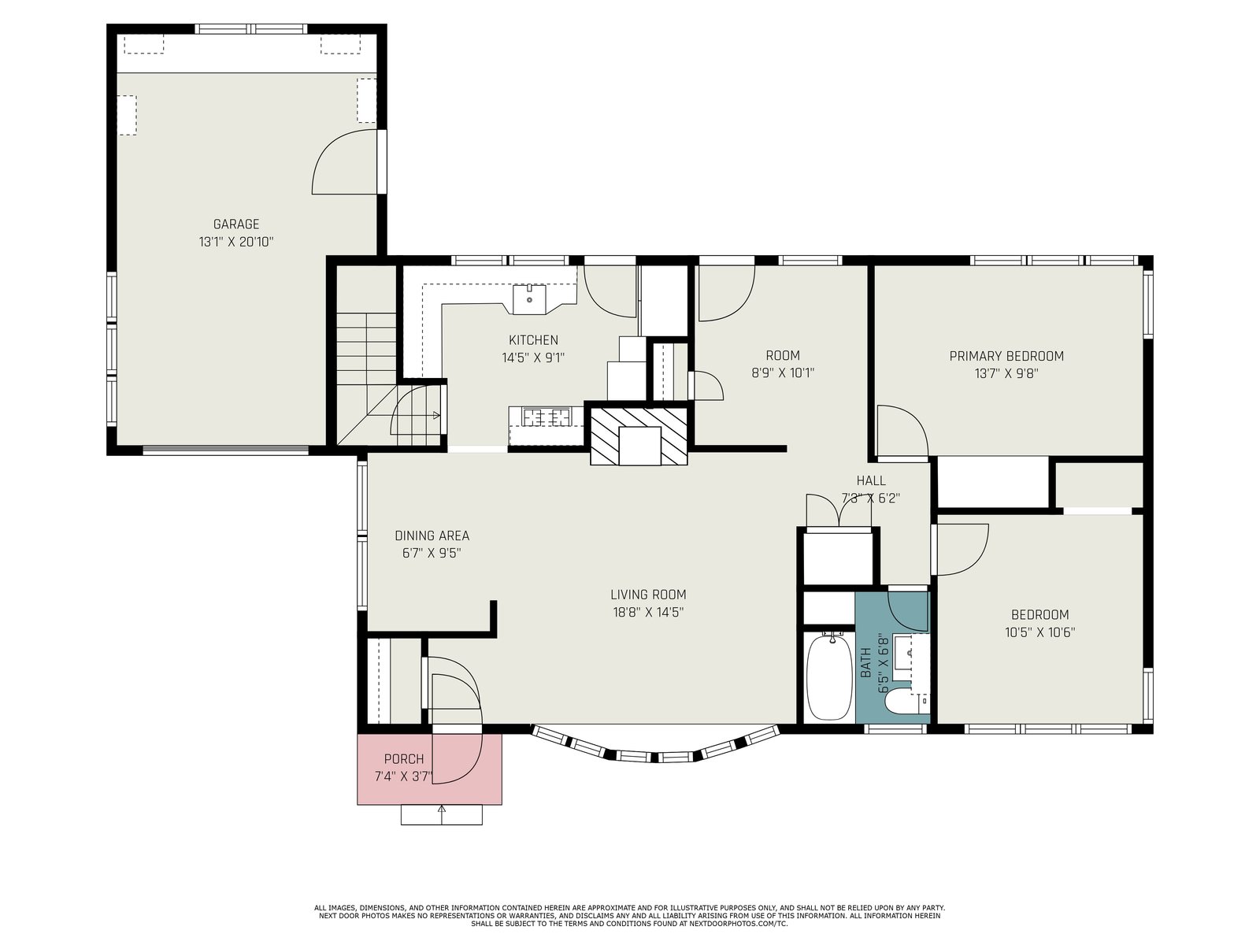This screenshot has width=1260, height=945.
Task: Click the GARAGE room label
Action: [236, 224]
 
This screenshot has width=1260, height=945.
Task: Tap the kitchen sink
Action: [529, 299]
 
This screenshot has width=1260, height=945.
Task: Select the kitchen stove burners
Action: [547, 417]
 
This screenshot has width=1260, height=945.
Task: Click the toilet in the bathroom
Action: [900, 701]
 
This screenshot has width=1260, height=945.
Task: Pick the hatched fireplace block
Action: [639, 436]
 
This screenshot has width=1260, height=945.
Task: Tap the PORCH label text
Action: [403, 759]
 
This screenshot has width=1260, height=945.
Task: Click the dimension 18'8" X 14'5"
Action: [648, 612]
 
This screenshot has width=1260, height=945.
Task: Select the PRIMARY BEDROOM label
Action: [1006, 356]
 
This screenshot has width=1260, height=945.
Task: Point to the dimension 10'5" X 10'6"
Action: [1039, 632]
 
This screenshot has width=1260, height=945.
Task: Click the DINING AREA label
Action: [432, 535]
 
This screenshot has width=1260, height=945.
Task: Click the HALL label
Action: [871, 480]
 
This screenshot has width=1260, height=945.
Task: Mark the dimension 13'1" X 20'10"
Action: [236, 242]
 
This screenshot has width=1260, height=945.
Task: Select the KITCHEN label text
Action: [533, 339]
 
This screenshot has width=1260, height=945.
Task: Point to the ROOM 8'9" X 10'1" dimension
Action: [783, 372]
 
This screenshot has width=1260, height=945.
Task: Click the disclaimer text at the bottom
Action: [630, 916]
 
